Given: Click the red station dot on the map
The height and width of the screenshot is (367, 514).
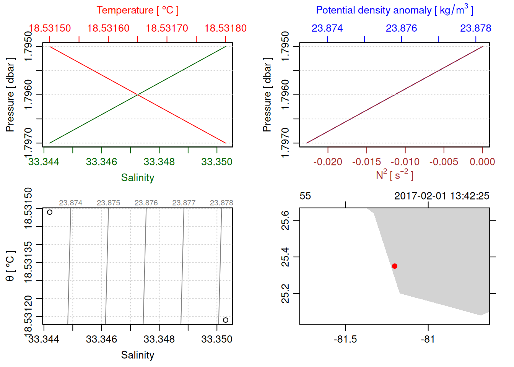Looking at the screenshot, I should (x=394, y=266).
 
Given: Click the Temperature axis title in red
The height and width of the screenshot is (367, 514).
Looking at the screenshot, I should (x=137, y=10).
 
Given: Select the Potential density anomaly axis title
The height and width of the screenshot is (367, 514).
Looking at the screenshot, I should (x=394, y=10).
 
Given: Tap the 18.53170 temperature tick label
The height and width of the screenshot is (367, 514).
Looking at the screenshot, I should (x=167, y=28).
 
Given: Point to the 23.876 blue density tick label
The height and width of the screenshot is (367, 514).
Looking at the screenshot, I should (x=401, y=28).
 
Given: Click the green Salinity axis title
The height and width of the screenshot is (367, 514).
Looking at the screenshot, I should (x=137, y=178).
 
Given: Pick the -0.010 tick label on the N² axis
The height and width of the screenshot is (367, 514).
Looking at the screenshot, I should (x=405, y=162).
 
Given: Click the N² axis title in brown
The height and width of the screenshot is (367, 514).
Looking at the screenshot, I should (x=394, y=175).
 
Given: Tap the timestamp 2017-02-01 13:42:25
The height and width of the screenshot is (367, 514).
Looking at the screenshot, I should (x=442, y=196).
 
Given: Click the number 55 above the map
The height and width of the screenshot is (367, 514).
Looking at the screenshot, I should (x=305, y=196).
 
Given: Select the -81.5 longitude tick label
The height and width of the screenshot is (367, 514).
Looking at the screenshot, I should (x=345, y=339).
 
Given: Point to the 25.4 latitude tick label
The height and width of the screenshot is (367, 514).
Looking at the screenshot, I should (x=286, y=257).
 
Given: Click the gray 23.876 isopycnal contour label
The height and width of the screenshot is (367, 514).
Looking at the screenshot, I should (x=146, y=203).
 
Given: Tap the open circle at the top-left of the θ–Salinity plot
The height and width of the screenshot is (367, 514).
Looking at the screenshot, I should (x=50, y=212).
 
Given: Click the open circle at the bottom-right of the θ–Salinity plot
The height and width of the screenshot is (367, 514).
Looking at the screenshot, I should (x=226, y=320).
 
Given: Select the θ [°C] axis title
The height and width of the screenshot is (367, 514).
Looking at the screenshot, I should (x=10, y=266).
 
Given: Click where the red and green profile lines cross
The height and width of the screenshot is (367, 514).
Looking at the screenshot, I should (x=138, y=94).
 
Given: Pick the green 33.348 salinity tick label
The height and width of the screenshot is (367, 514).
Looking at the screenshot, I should (x=159, y=162).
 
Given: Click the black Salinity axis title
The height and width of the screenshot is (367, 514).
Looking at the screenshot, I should (x=137, y=355).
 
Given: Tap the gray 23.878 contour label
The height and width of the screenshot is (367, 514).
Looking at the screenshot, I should (x=221, y=203).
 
